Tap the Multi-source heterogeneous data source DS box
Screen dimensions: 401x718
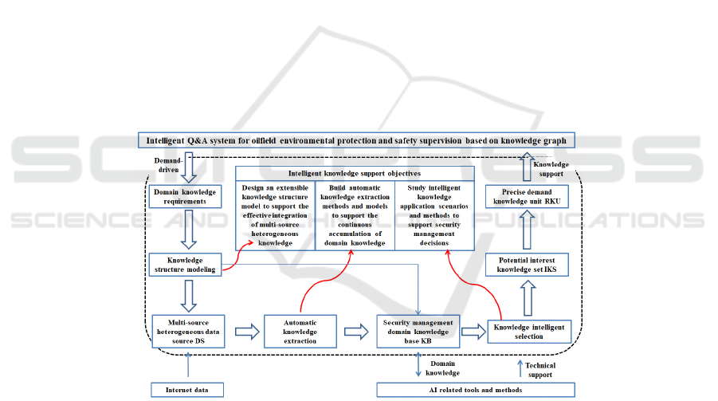[x=188, y=331]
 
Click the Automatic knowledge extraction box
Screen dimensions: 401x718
[x=300, y=331]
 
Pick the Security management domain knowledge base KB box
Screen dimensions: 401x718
[x=418, y=331]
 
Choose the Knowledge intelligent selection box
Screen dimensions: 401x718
[x=530, y=331]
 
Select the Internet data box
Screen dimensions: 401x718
[x=188, y=390]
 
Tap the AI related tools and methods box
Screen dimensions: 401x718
[x=476, y=390]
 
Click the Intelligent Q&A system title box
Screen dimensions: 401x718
[x=356, y=140]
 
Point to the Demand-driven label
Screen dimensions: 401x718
[x=166, y=164]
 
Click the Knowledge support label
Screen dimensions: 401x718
[x=551, y=168]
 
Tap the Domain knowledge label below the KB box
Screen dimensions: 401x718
[x=443, y=368]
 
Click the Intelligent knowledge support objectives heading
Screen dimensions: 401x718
[x=355, y=173]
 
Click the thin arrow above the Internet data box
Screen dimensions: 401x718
[x=188, y=366]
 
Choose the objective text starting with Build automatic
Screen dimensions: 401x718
[x=355, y=214]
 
